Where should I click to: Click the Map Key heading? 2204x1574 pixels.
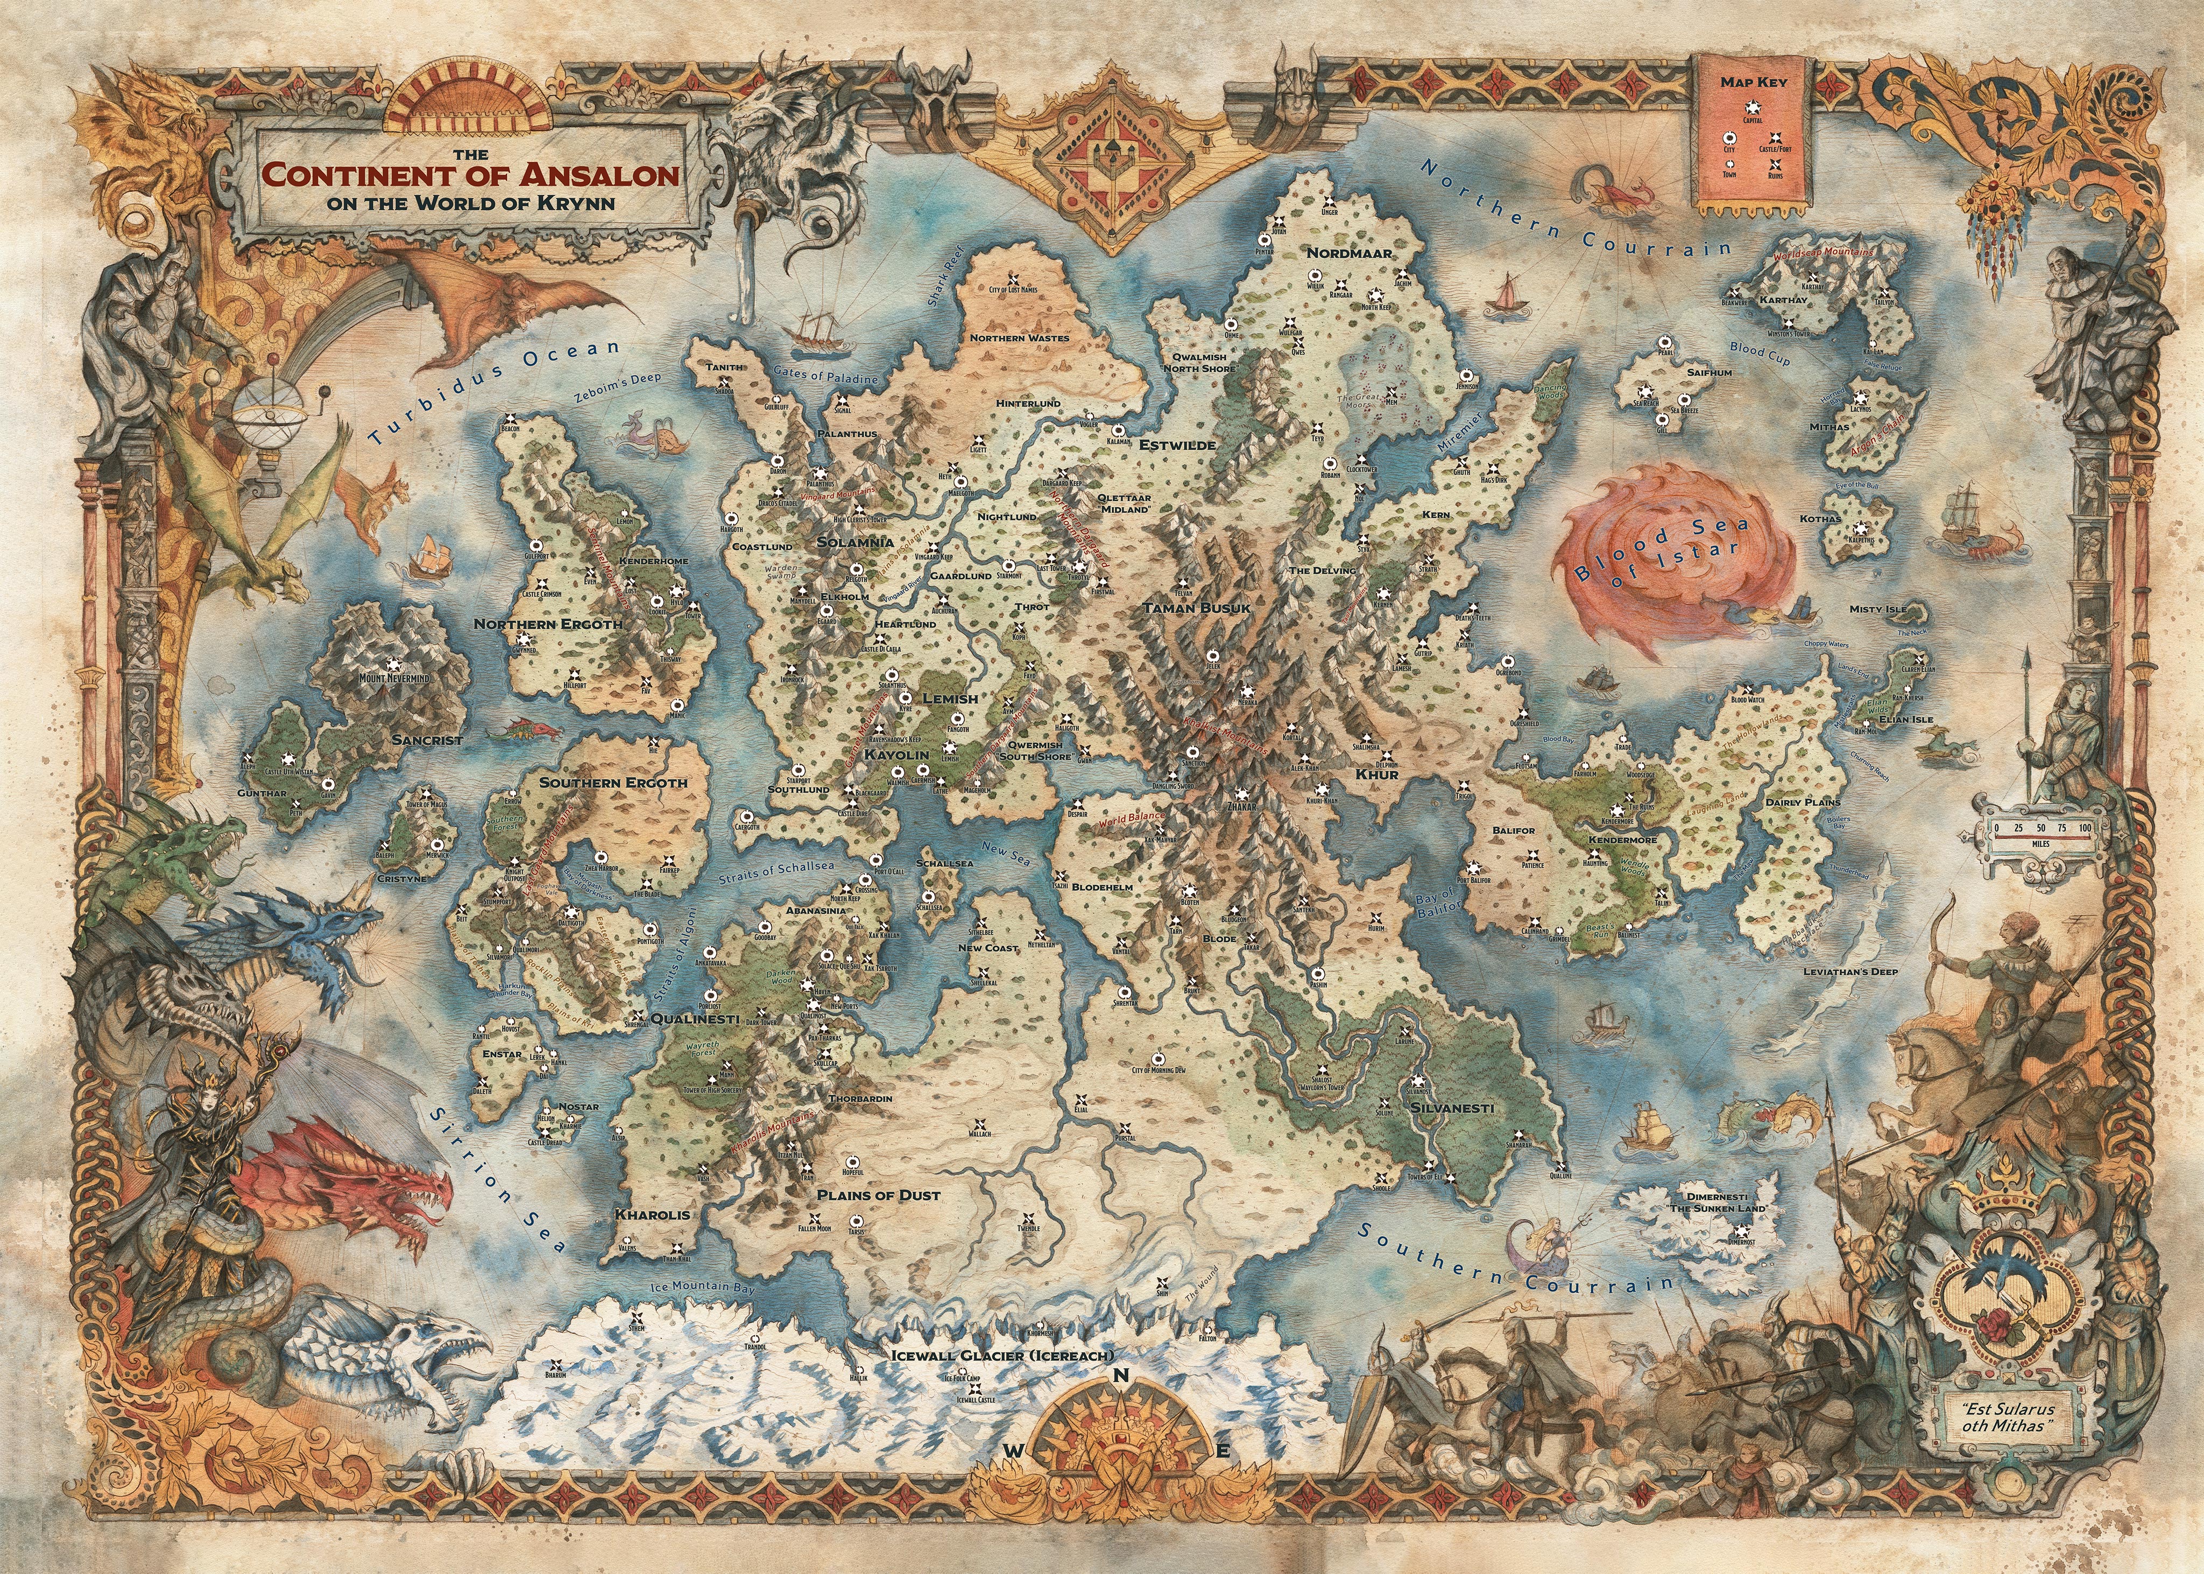coord(1753,81)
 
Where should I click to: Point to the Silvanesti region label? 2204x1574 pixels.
coord(1452,1107)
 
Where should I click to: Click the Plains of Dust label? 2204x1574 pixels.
coord(878,1195)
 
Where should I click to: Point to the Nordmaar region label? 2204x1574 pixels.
coord(1349,253)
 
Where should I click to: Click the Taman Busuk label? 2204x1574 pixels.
coord(1197,608)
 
